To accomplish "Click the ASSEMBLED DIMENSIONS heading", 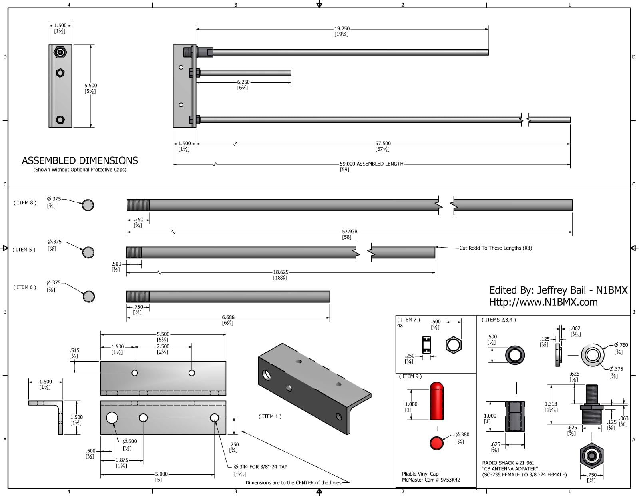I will coord(80,160).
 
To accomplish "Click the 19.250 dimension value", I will coord(342,29).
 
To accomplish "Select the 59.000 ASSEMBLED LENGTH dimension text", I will coord(371,164).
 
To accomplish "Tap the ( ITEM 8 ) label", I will coord(25,203).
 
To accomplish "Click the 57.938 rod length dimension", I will coord(350,232).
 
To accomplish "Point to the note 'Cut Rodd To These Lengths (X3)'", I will coord(495,248).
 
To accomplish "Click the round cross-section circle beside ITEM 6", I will coord(88,296).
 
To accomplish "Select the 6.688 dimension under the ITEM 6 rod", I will coord(228,317).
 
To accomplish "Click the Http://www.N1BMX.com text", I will coord(543,302).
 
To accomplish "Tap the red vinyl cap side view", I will coord(436,401).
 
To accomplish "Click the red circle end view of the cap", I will coord(436,443).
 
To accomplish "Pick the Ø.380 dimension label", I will coord(462,435).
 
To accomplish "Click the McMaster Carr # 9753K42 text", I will coord(431,480).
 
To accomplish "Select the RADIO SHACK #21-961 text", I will coord(508,463).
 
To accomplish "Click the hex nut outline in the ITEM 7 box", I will coord(453,345).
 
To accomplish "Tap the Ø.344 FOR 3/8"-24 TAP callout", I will coord(260,467).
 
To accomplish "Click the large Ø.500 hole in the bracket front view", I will coord(112,418).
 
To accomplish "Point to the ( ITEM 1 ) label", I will coord(270,416).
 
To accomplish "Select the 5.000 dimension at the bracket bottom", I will coord(161,474).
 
